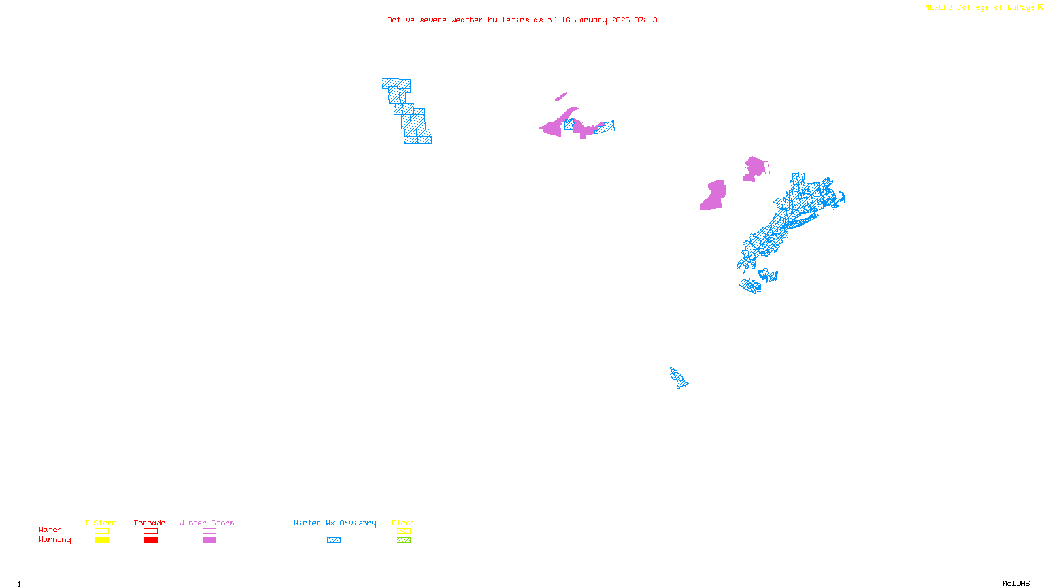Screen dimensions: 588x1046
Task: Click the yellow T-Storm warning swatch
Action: pyautogui.click(x=101, y=540)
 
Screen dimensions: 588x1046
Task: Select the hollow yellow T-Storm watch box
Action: pyautogui.click(x=101, y=531)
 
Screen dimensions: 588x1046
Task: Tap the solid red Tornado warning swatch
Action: pyautogui.click(x=150, y=540)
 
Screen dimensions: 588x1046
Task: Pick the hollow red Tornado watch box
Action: pyautogui.click(x=150, y=531)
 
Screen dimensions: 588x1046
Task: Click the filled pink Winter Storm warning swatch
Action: pyautogui.click(x=209, y=540)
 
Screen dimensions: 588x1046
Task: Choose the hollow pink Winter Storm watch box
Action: pyautogui.click(x=209, y=531)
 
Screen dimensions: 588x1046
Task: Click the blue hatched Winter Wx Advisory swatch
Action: pyautogui.click(x=333, y=540)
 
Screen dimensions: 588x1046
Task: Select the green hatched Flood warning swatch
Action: pyautogui.click(x=403, y=540)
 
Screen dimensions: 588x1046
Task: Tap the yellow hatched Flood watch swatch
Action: pyautogui.click(x=403, y=531)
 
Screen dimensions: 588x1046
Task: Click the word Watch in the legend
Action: pyautogui.click(x=50, y=530)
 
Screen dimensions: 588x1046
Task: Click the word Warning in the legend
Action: pyautogui.click(x=55, y=540)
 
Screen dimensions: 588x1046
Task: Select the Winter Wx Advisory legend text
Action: pyautogui.click(x=335, y=523)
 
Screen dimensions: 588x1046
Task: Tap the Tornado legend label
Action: pyautogui.click(x=150, y=523)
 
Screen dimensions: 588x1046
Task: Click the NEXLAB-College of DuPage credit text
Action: pyautogui.click(x=979, y=8)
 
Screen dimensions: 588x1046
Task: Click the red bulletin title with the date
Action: pyautogui.click(x=522, y=20)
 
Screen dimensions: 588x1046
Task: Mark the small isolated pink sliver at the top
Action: pyautogui.click(x=561, y=97)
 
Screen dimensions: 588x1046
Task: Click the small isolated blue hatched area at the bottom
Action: pyautogui.click(x=679, y=378)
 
